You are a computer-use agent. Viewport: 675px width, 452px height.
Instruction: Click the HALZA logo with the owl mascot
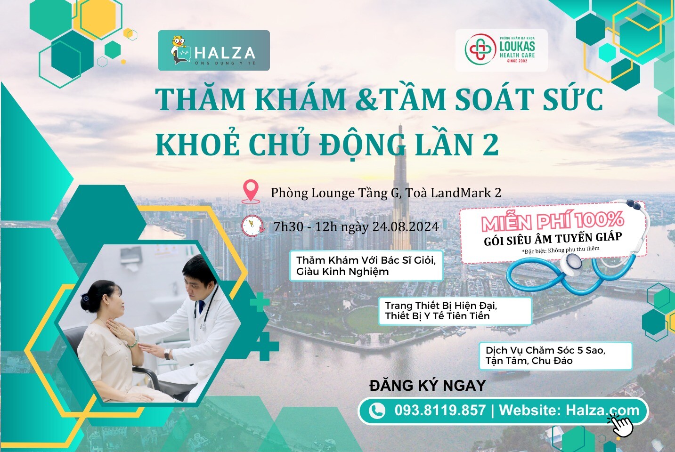tap(214, 50)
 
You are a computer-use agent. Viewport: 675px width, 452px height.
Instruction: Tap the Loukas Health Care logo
tap(501, 50)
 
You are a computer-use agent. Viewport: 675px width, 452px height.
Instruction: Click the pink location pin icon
tap(251, 191)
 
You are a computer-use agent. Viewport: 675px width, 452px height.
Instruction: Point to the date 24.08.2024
tap(406, 227)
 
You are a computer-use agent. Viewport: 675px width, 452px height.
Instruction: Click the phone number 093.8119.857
tap(440, 410)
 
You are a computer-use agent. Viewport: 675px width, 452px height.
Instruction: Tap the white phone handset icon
tap(376, 411)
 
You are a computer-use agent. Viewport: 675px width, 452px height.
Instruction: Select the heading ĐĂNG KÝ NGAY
tap(427, 386)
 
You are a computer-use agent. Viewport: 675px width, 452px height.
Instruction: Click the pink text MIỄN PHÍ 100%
tap(552, 221)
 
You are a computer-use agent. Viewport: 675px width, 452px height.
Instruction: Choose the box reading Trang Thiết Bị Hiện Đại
tap(455, 311)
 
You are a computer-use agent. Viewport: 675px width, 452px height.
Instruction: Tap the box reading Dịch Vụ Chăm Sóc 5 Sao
tap(555, 355)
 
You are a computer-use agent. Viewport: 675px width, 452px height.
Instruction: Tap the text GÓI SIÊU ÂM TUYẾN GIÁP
tap(553, 238)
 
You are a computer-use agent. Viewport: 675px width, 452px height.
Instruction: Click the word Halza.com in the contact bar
tap(602, 410)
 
